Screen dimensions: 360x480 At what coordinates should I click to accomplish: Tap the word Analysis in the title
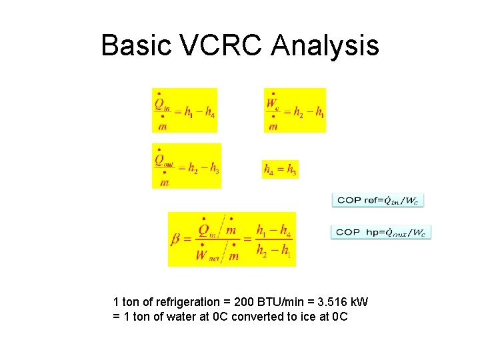tap(326, 46)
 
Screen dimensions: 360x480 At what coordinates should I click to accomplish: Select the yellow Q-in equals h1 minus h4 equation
tap(185, 110)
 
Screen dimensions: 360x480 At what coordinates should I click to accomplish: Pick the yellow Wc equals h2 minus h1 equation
tap(295, 110)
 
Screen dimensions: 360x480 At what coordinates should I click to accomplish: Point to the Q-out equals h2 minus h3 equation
tap(186, 165)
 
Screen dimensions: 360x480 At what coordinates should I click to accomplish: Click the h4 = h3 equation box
tap(280, 169)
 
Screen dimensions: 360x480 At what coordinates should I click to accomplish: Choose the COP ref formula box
tap(378, 199)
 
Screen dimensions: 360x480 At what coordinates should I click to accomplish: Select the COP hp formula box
tap(381, 232)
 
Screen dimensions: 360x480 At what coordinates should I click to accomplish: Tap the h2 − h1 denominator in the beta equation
tap(273, 252)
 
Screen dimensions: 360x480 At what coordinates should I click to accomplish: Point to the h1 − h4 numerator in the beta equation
tap(273, 230)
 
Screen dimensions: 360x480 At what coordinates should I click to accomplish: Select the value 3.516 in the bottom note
tap(327, 302)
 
